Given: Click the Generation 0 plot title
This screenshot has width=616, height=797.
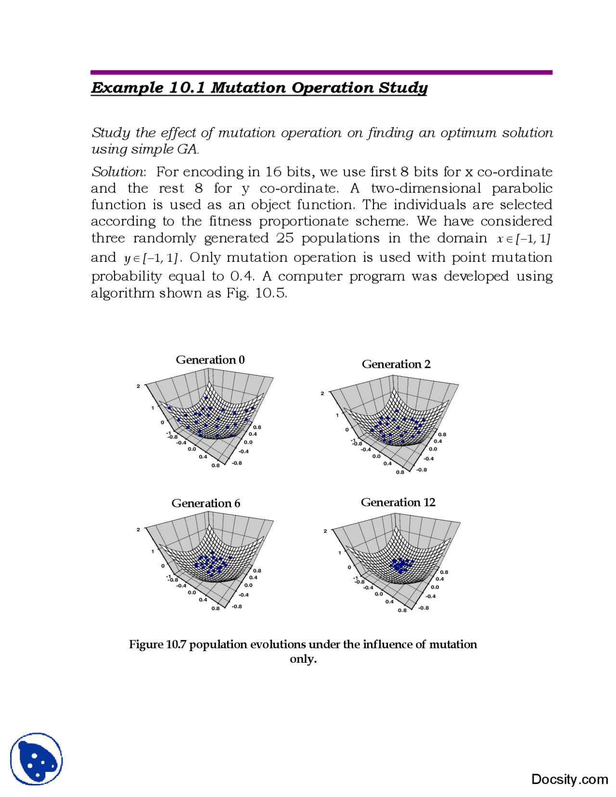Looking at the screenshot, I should coord(210,360).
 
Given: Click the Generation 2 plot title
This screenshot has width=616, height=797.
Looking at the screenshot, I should coord(396,364).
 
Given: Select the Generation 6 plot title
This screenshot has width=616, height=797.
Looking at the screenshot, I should coord(205,503).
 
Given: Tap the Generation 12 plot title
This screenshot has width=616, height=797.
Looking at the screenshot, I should coord(398,502).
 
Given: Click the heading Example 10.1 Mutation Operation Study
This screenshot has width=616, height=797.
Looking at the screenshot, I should coord(259,88).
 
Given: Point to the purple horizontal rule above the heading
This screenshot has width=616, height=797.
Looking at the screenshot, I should coord(321,72).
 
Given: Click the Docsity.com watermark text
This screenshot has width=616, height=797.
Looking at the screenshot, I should coord(569,779).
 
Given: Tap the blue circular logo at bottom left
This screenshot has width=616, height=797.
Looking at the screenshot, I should coord(37,759).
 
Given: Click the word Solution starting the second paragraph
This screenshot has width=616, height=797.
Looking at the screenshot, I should coord(117,172).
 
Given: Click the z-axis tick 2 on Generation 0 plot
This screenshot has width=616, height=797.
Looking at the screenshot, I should coord(138,386).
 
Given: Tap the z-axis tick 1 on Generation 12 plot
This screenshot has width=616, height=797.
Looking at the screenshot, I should coord(340,553).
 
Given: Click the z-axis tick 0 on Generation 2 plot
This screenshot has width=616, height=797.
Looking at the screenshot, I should coord(346,429).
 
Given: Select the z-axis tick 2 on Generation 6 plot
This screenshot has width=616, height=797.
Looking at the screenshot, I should coord(138,529).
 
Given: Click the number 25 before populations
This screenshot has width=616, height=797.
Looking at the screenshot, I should coord(285,238).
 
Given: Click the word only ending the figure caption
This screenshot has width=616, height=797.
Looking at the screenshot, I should coord(303,658).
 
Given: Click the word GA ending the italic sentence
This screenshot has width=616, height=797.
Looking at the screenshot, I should coord(187,149).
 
